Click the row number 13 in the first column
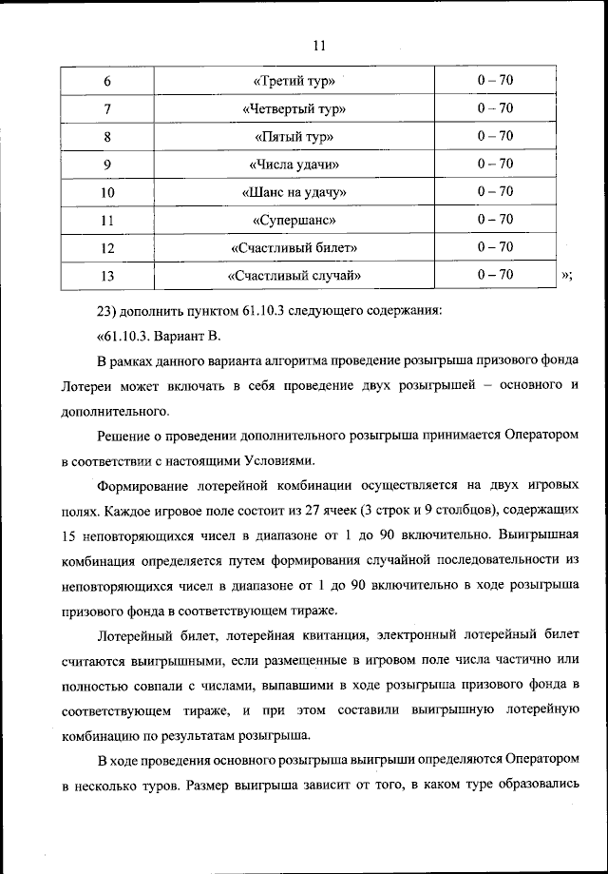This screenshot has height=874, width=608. pyautogui.click(x=107, y=277)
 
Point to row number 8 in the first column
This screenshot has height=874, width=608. pyautogui.click(x=107, y=137)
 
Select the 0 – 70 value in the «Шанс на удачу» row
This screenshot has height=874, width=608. pyautogui.click(x=495, y=192)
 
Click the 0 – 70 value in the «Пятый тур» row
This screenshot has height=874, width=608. pyautogui.click(x=495, y=136)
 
